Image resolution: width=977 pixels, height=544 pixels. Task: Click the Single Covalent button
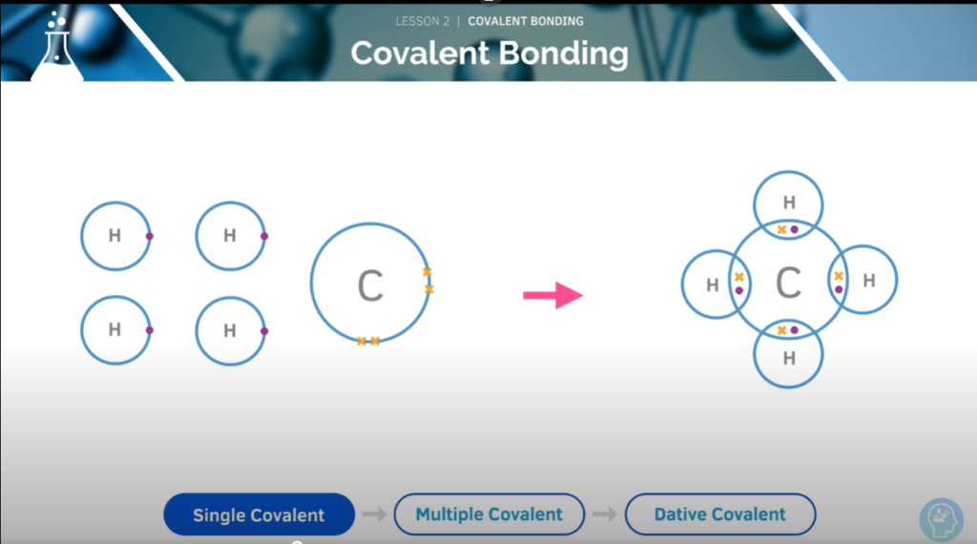(x=260, y=514)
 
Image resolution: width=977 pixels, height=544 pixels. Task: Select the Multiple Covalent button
(x=489, y=514)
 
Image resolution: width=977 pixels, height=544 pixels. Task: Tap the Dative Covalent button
(x=720, y=514)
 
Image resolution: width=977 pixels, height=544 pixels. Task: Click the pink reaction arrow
(x=552, y=295)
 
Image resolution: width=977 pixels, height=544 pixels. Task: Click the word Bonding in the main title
(x=564, y=54)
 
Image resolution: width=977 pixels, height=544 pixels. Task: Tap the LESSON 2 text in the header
(x=423, y=21)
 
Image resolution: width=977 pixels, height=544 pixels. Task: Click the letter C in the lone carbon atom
(x=370, y=286)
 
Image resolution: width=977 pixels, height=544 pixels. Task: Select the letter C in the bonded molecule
(x=788, y=282)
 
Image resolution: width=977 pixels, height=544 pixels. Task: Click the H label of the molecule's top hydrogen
(x=789, y=202)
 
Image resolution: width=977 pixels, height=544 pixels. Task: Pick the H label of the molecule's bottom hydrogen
(x=789, y=358)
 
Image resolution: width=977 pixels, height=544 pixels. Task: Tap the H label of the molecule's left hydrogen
(x=713, y=285)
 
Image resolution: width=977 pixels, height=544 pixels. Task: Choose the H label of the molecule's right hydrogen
(x=869, y=281)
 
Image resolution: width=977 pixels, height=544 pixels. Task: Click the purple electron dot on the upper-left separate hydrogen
(x=150, y=236)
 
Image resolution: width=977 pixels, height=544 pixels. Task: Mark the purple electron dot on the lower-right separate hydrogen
(x=264, y=331)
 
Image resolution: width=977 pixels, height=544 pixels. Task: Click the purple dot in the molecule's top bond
(x=795, y=229)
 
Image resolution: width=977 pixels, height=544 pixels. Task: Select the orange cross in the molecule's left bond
(x=739, y=277)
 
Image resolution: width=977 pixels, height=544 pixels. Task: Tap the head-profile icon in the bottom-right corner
(x=942, y=519)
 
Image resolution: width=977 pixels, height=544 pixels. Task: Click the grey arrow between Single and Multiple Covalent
(x=374, y=514)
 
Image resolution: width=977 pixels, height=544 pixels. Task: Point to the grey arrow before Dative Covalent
(x=605, y=514)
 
